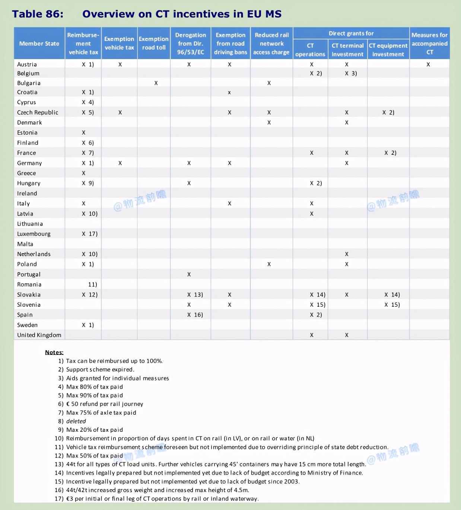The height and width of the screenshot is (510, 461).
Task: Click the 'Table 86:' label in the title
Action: (x=38, y=14)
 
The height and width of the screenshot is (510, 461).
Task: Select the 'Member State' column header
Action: (x=39, y=44)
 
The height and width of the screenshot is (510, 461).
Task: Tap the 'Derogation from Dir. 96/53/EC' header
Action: (x=190, y=44)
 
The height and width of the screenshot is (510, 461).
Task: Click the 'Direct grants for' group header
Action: (x=351, y=34)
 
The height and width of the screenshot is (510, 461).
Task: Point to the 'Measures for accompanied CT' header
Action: (x=429, y=44)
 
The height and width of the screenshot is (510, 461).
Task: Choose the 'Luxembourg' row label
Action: (x=34, y=234)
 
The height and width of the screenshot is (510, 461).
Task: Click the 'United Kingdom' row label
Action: (x=39, y=335)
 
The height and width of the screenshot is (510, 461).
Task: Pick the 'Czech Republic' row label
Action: (x=38, y=112)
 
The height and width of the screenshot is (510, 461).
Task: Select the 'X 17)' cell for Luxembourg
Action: (x=89, y=234)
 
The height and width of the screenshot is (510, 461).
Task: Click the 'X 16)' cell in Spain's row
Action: (x=195, y=315)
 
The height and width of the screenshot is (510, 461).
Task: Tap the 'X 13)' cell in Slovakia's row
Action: (x=195, y=294)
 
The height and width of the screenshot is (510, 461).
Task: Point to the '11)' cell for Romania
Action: (x=92, y=284)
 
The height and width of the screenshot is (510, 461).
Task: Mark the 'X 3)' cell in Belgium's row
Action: (x=350, y=73)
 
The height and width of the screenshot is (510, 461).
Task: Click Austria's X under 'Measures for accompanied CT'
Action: (x=428, y=64)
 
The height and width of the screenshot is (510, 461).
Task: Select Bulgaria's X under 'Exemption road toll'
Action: (x=156, y=83)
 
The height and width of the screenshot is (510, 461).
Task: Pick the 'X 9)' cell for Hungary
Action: (x=88, y=183)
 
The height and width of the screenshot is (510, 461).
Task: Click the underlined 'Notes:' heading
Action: (x=54, y=352)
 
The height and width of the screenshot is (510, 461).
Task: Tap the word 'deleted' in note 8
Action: (x=76, y=421)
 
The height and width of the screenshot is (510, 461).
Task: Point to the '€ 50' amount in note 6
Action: (x=72, y=404)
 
